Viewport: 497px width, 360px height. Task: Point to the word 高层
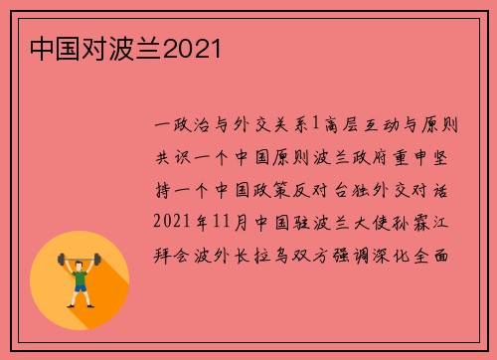click(x=343, y=125)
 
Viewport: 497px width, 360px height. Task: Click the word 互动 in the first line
click(x=386, y=125)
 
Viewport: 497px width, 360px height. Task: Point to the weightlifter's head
click(x=80, y=263)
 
